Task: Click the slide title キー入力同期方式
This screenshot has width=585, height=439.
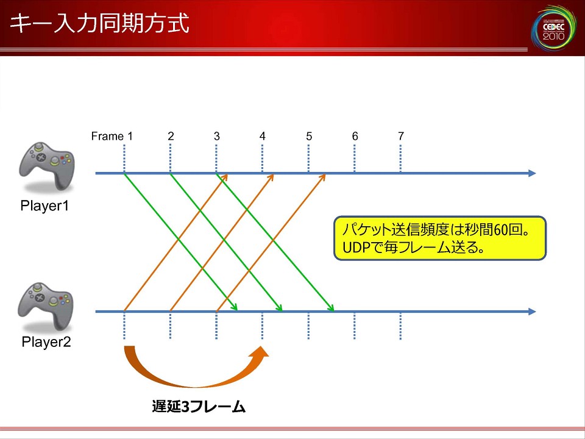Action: coord(99,24)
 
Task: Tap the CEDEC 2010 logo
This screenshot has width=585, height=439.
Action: coord(554,27)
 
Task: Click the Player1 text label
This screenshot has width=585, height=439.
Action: coord(44,205)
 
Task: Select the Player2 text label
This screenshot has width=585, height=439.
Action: coord(46,342)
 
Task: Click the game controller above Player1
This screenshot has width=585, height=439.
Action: coord(47,166)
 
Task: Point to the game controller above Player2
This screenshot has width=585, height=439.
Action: coord(46,306)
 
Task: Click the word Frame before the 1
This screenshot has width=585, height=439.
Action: coord(107,136)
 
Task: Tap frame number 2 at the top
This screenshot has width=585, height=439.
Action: coord(171,136)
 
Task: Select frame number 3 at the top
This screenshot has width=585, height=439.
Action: coord(217,136)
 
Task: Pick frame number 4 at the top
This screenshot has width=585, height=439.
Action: coord(263,136)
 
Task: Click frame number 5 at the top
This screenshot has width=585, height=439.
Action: coord(309,136)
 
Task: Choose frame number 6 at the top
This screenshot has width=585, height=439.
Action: coord(355,136)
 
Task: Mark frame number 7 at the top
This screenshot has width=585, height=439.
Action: coord(401,136)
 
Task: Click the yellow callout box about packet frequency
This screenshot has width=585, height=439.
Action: coord(440,238)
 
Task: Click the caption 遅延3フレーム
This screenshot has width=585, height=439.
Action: coord(199,407)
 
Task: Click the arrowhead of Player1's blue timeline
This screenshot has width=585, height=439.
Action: coord(533,173)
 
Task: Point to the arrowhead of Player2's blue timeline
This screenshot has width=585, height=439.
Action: coord(533,312)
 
